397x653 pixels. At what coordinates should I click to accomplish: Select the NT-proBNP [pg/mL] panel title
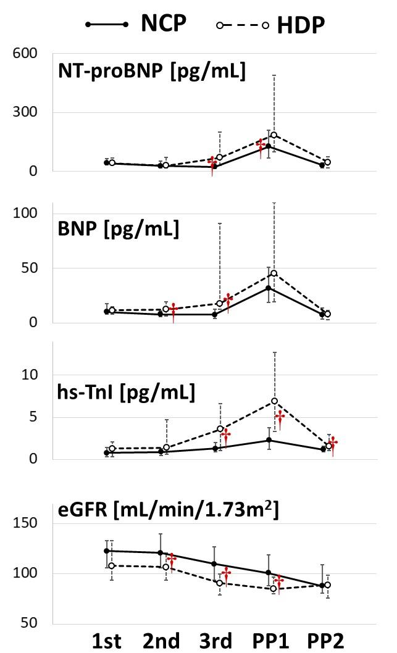tap(151, 71)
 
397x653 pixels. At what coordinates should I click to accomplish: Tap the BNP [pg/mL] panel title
tap(118, 229)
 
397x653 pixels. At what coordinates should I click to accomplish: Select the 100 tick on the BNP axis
tap(24, 214)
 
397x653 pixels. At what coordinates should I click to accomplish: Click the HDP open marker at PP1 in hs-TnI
tap(274, 401)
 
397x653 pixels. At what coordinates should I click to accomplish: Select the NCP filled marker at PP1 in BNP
tap(268, 288)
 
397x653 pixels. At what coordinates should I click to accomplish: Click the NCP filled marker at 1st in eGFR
tap(106, 551)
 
